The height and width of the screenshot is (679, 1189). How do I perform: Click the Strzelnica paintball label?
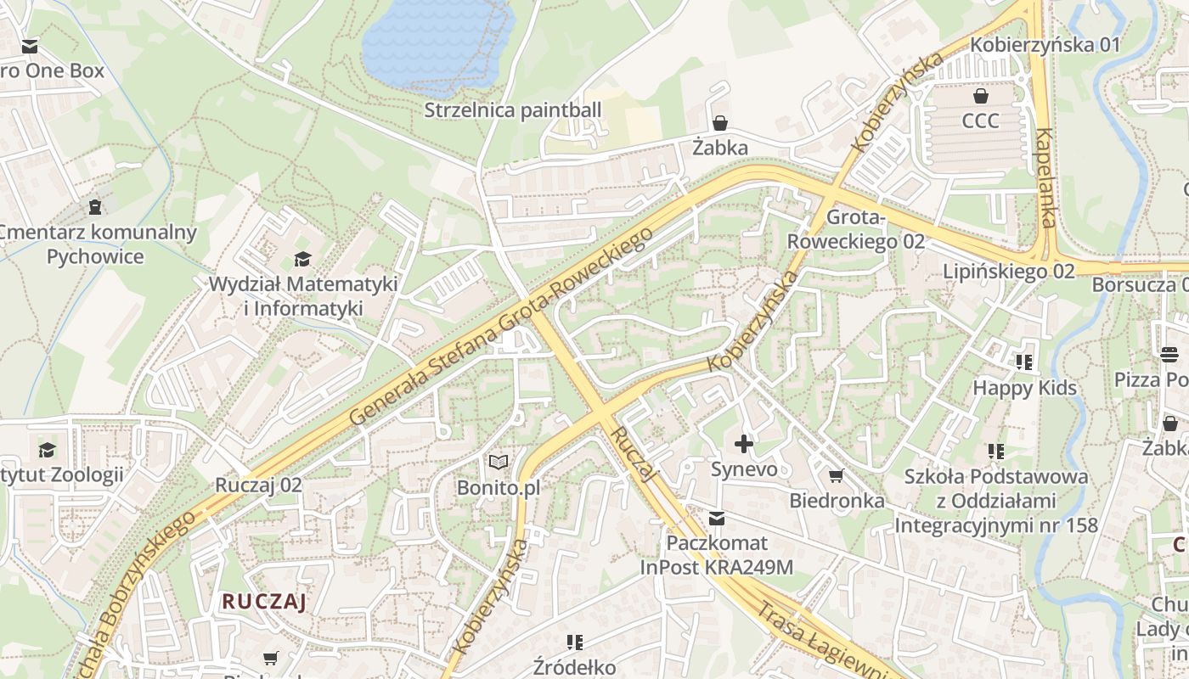(512, 110)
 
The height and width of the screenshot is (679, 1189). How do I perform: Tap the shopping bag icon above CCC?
(981, 96)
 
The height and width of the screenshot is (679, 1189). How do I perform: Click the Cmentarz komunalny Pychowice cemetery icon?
(95, 206)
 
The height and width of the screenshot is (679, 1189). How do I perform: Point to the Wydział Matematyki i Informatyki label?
(303, 295)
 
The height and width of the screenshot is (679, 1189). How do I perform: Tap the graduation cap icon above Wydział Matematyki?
(302, 259)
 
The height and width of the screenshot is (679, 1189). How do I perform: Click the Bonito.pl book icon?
(499, 463)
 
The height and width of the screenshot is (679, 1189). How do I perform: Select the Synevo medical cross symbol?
(744, 443)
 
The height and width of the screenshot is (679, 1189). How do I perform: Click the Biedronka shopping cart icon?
(837, 475)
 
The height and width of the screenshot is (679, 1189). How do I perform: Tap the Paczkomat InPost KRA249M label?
(717, 555)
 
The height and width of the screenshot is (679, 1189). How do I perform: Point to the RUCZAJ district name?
(263, 602)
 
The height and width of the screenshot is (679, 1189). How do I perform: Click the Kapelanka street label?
(1045, 178)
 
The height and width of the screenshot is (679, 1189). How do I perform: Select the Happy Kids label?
(1024, 388)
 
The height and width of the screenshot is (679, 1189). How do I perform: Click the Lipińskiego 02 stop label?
(1009, 272)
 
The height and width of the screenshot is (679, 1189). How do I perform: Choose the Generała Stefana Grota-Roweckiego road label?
(501, 327)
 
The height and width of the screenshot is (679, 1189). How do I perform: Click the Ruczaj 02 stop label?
(258, 485)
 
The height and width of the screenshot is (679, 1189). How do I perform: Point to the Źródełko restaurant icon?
(575, 642)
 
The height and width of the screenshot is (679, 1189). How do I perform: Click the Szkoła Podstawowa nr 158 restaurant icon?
(996, 451)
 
